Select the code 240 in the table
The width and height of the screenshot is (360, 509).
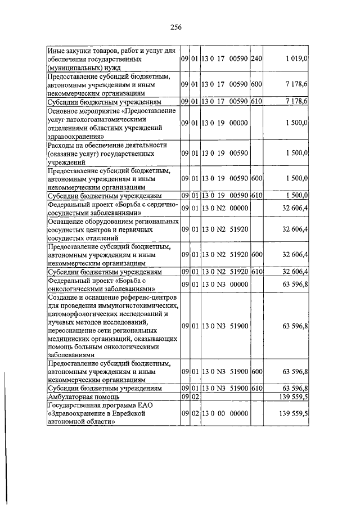click(256, 58)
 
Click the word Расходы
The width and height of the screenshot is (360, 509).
click(63, 145)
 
